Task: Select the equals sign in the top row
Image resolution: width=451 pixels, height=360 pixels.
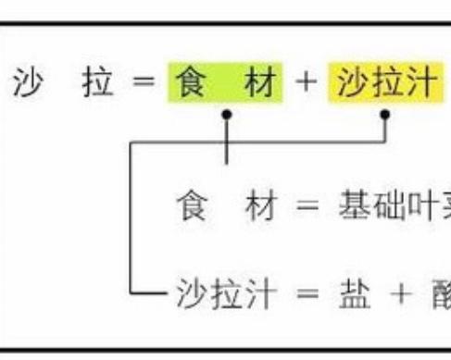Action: [140, 86]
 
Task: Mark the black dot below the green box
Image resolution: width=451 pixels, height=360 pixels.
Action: [227, 116]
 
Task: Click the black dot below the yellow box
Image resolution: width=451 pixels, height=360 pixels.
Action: [387, 116]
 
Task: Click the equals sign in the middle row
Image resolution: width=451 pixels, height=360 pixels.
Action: [306, 205]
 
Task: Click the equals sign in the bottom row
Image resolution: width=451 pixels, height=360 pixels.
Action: [306, 294]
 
